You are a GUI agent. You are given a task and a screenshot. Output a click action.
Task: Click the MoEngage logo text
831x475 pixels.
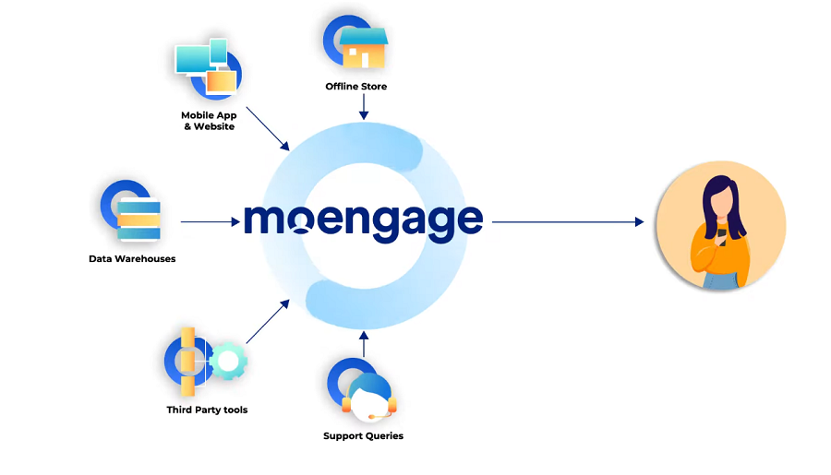[363, 220]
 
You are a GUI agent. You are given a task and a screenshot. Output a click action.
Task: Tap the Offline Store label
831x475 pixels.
[355, 87]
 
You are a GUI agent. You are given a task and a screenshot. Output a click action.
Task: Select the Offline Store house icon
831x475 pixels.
[362, 48]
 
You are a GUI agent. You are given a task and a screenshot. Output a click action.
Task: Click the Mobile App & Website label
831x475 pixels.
[209, 121]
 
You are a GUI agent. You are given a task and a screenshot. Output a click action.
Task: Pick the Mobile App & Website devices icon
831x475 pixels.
[207, 67]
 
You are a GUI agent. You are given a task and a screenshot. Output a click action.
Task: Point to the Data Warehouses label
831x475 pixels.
[132, 259]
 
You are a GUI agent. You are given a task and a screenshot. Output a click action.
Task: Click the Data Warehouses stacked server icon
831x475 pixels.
[138, 215]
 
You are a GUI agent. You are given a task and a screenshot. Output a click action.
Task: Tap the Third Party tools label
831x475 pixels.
[207, 410]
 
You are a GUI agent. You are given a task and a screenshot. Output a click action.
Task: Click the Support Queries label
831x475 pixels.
[363, 436]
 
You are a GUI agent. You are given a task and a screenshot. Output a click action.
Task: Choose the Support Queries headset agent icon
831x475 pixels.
[368, 395]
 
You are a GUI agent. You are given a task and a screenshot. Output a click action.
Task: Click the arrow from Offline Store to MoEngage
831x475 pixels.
[364, 108]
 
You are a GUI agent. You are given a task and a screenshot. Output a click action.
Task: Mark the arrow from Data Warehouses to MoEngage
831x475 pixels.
[210, 221]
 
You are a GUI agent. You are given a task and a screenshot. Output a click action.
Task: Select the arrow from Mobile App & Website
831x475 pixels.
[269, 130]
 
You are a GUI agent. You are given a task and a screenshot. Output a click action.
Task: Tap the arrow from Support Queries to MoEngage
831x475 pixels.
[364, 343]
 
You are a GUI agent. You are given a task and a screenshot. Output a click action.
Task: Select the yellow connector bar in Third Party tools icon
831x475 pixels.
[187, 360]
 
